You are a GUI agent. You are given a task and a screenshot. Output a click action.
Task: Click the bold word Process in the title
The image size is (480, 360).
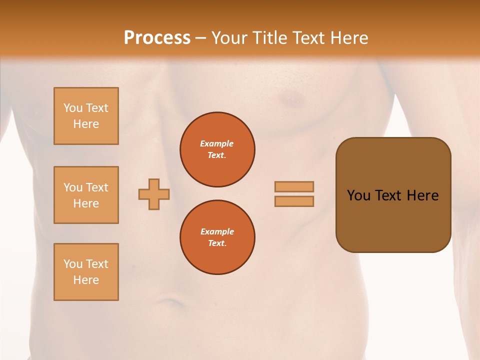coord(157,38)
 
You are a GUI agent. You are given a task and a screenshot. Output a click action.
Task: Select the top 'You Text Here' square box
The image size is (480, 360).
coord(86,116)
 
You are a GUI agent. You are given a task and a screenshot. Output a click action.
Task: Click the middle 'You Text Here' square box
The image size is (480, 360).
coord(86,195)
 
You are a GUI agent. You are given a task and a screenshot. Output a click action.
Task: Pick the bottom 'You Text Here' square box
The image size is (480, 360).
coord(86,271)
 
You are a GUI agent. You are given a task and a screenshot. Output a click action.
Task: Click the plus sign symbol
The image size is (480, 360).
coord(154,194)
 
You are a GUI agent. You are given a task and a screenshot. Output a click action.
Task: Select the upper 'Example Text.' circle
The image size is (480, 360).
coord(217,149)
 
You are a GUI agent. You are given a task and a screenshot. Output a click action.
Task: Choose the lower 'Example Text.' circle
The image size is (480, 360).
coord(217,237)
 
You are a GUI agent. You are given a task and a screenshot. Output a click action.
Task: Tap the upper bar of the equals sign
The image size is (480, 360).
coord(294,186)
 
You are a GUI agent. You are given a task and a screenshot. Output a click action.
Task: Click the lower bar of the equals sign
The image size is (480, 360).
coord(294,201)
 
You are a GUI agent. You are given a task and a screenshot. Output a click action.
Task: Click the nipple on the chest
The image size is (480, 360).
coord(289,99)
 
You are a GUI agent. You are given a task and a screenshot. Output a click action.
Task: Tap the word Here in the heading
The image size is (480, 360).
coord(349,38)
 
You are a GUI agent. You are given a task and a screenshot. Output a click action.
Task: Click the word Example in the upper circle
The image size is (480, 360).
coord(217,143)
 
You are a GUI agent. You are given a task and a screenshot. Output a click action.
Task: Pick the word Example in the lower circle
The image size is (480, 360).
coord(217,231)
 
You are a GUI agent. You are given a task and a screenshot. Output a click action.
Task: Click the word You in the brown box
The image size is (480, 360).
coord(358,195)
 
